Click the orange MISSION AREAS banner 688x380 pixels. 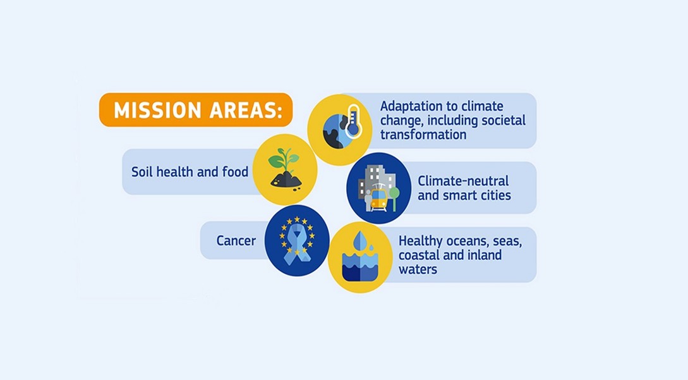click(x=196, y=110)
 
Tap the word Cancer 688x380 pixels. click(x=236, y=241)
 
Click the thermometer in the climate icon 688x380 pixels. click(x=353, y=121)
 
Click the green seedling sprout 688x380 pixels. click(x=284, y=159)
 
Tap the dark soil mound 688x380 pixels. click(x=286, y=180)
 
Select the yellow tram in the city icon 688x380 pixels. click(x=378, y=199)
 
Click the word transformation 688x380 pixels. click(x=423, y=135)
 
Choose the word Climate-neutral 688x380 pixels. click(x=463, y=181)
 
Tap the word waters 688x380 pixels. click(x=418, y=269)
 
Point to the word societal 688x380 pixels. click(x=504, y=120)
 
